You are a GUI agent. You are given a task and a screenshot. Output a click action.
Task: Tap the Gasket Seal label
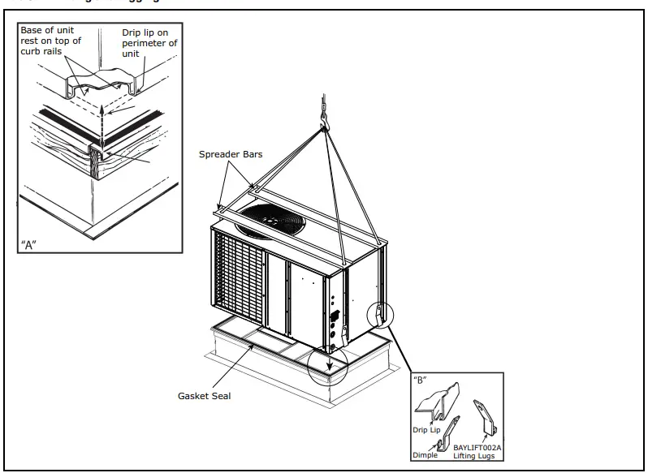coord(204,396)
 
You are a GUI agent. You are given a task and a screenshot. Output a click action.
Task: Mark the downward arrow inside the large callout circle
coord(330,369)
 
